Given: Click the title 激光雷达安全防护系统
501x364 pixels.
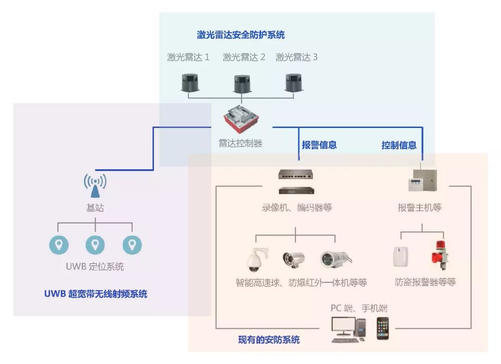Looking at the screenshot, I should (x=240, y=35).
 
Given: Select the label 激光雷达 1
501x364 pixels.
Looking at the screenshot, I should (x=188, y=57).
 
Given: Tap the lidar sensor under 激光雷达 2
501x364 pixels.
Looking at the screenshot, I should (x=243, y=83).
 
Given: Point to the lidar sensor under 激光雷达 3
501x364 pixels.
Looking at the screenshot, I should (x=295, y=82).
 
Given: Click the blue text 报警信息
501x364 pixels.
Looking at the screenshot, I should (x=319, y=145).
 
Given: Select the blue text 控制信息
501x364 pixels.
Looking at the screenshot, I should (x=398, y=145).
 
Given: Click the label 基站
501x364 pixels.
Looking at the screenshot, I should (x=95, y=208).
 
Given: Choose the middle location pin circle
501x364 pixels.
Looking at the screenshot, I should (x=95, y=244).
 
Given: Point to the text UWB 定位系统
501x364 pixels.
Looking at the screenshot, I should (x=95, y=267).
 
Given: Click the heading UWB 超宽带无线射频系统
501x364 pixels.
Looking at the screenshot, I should (x=96, y=294).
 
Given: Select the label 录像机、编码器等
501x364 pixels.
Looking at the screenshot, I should (x=297, y=208).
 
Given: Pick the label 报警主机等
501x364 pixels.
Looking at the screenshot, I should (x=419, y=208).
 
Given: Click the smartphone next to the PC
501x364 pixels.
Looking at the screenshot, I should (x=382, y=328).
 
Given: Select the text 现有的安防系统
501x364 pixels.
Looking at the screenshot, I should (x=269, y=340).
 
